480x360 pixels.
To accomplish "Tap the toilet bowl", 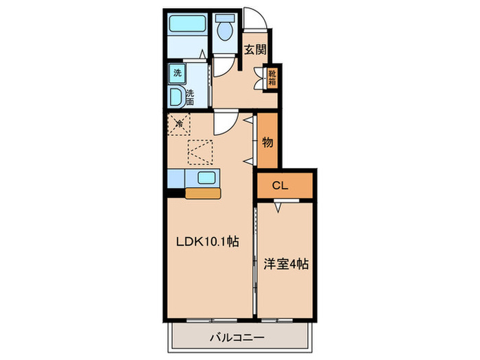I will tap(224, 32).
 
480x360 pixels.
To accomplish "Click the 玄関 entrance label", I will tap(255, 49).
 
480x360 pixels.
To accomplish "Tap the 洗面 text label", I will tap(189, 97).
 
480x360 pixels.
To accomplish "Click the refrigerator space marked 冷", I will tap(180, 124).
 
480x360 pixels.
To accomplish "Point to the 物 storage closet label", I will tap(268, 142).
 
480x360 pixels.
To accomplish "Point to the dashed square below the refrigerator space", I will tap(201, 152).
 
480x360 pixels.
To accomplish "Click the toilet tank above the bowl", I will tap(224, 21).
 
